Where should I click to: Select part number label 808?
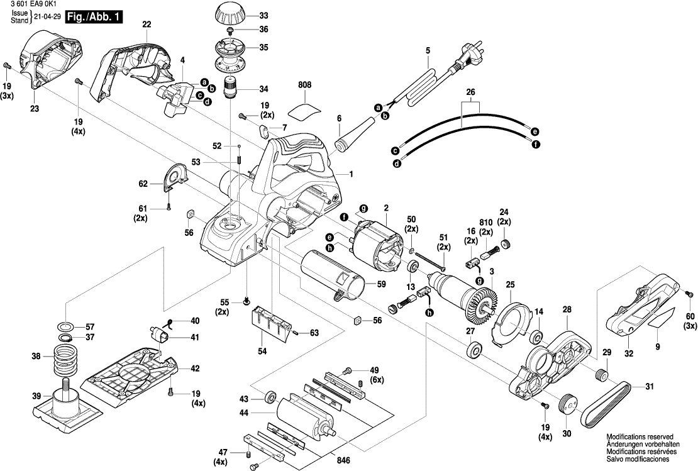[304, 85]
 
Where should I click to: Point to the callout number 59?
[381, 284]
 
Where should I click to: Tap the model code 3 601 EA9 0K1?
[30, 4]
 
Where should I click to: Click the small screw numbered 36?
[230, 30]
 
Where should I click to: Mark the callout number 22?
[147, 25]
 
